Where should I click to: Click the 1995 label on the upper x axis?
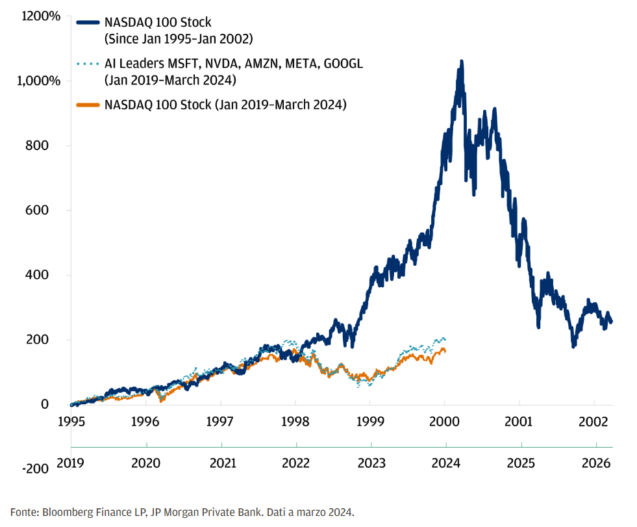click(71, 421)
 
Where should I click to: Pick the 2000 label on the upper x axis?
click(445, 421)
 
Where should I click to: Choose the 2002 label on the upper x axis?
click(595, 421)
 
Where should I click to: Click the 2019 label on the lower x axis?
click(71, 464)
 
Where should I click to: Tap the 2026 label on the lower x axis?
click(595, 464)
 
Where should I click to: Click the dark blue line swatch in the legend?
click(88, 23)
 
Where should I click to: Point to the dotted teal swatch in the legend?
click(88, 64)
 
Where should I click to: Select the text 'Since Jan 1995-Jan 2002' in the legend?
click(179, 38)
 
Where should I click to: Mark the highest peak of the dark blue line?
click(461, 62)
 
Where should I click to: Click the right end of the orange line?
click(445, 351)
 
